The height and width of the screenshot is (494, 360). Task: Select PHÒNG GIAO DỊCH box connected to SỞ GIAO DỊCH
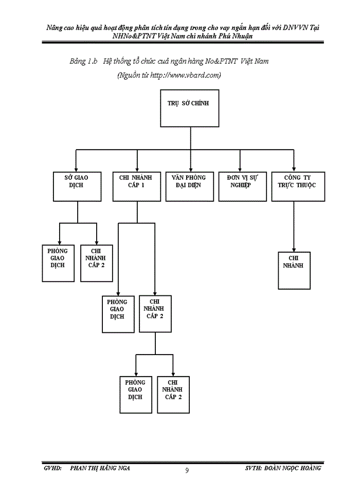58,263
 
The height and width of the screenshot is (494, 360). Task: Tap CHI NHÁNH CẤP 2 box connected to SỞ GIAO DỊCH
96,263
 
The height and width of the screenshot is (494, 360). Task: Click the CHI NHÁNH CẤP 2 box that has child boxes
155,313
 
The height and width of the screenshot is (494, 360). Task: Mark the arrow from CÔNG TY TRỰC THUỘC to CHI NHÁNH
294,226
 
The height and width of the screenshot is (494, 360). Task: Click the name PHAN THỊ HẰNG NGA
100,468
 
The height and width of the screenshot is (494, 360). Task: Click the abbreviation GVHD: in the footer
53,468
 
